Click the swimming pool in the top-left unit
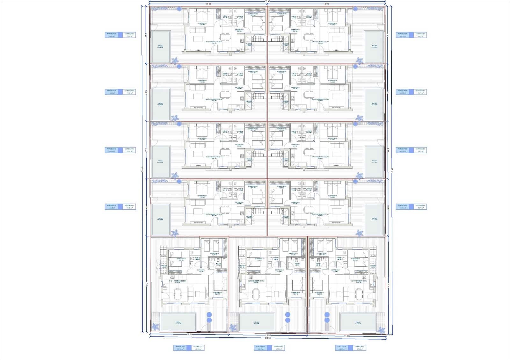[x=161, y=47]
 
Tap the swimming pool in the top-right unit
[x=374, y=47]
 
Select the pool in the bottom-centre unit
[x=257, y=322]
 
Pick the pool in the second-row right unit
[x=374, y=104]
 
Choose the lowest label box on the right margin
[x=411, y=207]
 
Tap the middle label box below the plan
[x=269, y=348]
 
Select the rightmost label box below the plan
[x=350, y=348]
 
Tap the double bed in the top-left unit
[x=201, y=16]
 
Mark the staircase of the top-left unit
[x=258, y=39]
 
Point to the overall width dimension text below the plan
[x=268, y=338]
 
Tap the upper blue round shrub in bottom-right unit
[x=327, y=315]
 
